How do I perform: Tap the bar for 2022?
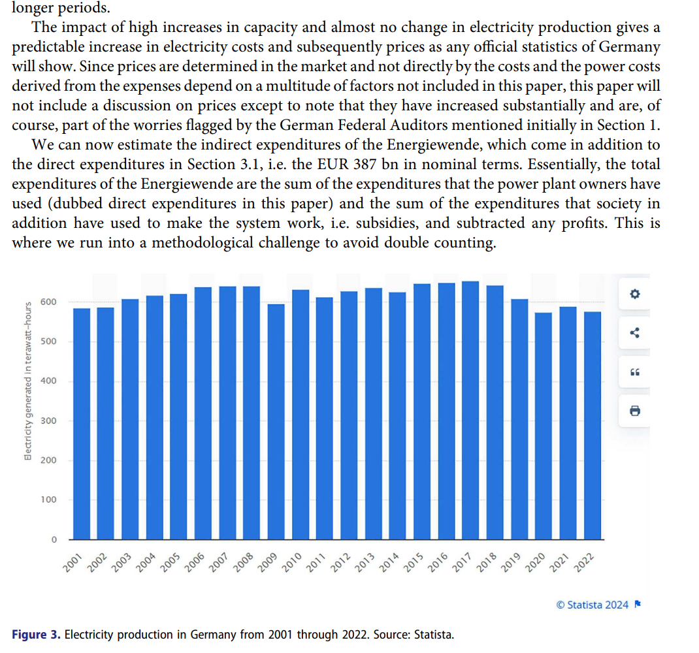(592, 425)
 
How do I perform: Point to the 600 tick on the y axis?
(48, 302)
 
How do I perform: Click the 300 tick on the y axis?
(48, 421)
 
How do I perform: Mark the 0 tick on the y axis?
(54, 539)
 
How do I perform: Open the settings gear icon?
(634, 294)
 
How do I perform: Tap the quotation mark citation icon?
(634, 372)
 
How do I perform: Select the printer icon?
(634, 411)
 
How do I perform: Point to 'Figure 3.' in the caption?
(37, 634)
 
